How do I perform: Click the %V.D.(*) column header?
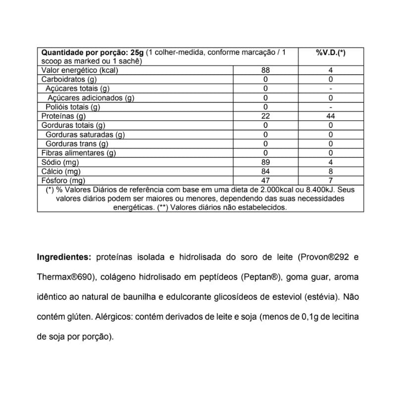pyautogui.click(x=330, y=52)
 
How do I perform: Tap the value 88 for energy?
pyautogui.click(x=265, y=71)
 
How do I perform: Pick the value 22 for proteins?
pyautogui.click(x=265, y=116)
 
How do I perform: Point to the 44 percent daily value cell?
pyautogui.click(x=330, y=116)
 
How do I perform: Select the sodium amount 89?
pyautogui.click(x=265, y=162)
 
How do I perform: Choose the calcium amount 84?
pyautogui.click(x=265, y=171)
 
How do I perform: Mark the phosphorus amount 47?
pyautogui.click(x=265, y=180)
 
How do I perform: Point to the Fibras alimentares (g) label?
pyautogui.click(x=78, y=153)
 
